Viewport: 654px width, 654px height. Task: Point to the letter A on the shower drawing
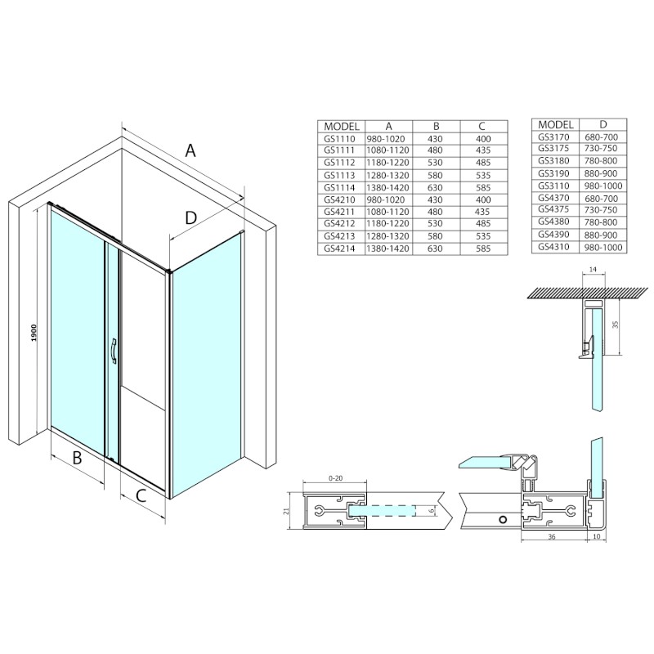(x=190, y=150)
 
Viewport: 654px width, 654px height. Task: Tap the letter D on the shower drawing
(x=190, y=217)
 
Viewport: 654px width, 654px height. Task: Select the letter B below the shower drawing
(x=77, y=459)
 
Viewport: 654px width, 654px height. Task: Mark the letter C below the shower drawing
(x=141, y=494)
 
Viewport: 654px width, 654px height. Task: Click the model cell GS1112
(x=339, y=162)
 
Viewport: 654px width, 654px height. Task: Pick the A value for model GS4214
(x=389, y=249)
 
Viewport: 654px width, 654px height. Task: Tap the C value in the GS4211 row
(x=482, y=212)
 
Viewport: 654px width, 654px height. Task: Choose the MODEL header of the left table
(x=343, y=126)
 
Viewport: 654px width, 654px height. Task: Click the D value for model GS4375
(x=602, y=209)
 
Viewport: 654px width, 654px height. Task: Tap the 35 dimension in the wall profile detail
(x=617, y=325)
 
